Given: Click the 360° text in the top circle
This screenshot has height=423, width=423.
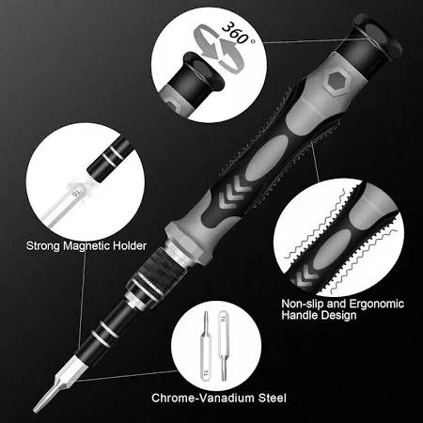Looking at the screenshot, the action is [238, 33].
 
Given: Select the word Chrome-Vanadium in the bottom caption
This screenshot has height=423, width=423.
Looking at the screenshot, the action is [203, 398].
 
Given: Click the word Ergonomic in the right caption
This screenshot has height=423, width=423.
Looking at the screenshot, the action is [376, 305].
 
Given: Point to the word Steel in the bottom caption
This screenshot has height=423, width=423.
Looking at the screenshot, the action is [273, 398].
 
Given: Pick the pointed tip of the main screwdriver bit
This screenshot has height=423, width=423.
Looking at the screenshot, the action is [35, 410].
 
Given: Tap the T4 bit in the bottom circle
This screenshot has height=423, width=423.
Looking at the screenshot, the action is [206, 346].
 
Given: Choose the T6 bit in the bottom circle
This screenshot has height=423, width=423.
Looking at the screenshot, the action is [223, 346].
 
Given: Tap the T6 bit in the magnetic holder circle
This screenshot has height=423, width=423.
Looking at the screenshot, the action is [64, 205].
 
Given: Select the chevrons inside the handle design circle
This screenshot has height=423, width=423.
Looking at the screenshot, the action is [303, 276].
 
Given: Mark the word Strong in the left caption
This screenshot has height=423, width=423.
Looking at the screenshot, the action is [43, 246].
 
